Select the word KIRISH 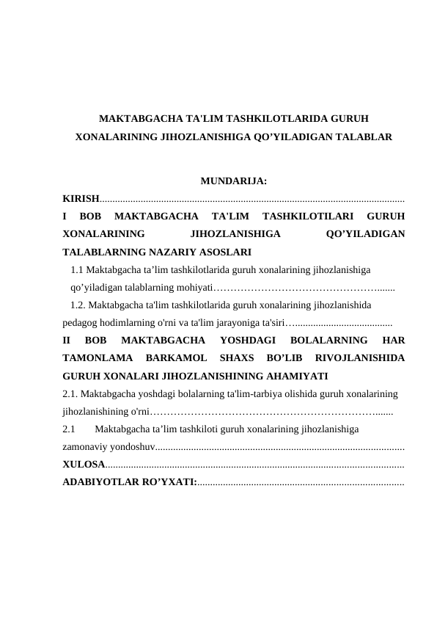coord(81,199)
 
